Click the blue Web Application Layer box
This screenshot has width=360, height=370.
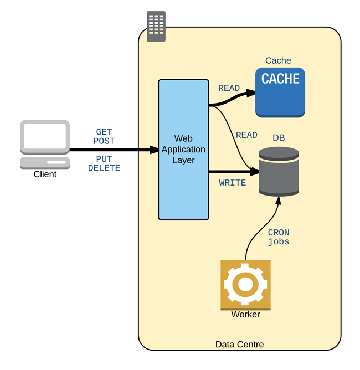183,150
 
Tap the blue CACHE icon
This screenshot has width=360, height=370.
280,91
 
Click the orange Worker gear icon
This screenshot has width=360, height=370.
245,284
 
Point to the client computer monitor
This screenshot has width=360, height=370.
45,136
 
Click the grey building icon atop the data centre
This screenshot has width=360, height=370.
156,26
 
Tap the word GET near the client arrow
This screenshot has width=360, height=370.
104,132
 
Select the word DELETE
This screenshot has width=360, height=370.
104,168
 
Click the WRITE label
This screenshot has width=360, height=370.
233,183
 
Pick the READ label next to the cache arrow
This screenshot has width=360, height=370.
229,88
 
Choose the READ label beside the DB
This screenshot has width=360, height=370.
246,135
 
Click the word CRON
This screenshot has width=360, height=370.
279,233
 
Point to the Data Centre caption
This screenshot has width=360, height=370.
239,345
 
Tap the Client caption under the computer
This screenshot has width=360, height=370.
45,174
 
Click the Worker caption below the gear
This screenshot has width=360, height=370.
245,315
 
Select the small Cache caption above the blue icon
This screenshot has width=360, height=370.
278,61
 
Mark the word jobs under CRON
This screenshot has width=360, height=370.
279,242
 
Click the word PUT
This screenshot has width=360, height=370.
104,159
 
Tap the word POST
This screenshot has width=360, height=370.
104,141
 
